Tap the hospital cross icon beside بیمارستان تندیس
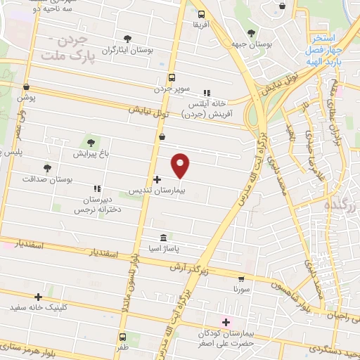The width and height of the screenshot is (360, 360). click(x=157, y=180)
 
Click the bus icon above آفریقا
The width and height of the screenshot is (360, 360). click(x=202, y=14)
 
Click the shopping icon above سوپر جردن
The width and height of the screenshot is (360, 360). click(x=172, y=78)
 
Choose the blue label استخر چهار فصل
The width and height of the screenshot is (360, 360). click(x=325, y=44)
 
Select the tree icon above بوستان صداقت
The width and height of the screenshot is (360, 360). click(x=47, y=168)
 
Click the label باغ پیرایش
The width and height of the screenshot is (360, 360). click(x=89, y=153)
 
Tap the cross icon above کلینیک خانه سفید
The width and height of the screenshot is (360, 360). click(x=38, y=297)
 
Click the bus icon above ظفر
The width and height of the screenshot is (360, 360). click(x=124, y=337)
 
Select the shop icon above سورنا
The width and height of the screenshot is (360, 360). click(x=241, y=278)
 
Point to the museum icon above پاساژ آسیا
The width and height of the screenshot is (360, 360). click(x=163, y=237)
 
